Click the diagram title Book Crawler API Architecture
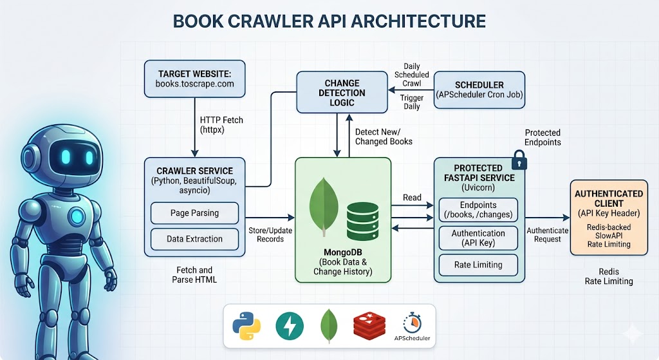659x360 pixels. tap(329, 21)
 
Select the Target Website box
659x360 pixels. tap(194, 79)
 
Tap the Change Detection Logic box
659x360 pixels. tap(342, 93)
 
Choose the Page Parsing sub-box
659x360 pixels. tap(194, 213)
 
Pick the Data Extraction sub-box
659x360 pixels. tap(194, 239)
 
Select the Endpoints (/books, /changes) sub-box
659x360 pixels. tap(478, 210)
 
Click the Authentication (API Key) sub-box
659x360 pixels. tap(478, 238)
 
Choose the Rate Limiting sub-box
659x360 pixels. tap(478, 265)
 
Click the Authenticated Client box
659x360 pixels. tap(608, 218)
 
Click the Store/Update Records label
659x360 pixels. tap(266, 234)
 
